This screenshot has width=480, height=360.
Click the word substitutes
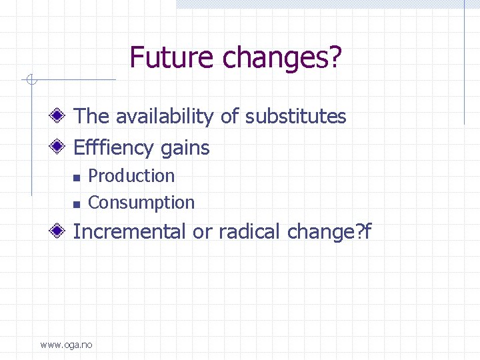click(295, 117)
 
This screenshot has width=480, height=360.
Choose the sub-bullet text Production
click(131, 176)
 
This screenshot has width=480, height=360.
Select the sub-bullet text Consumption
click(141, 203)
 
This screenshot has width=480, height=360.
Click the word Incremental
click(130, 232)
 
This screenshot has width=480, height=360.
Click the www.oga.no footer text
click(67, 345)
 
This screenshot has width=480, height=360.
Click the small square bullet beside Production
click(76, 177)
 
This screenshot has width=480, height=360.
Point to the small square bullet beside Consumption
click(76, 203)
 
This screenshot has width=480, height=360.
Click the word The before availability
click(91, 117)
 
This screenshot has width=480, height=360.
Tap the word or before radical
click(201, 232)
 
